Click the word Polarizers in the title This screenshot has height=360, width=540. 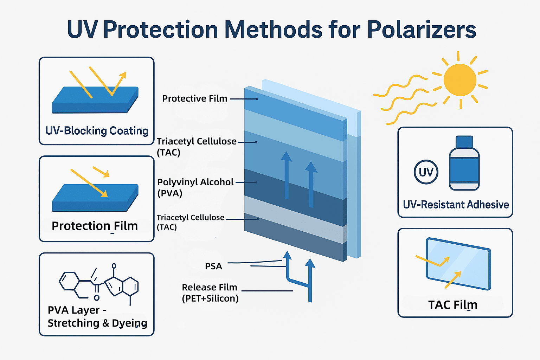tap(422, 30)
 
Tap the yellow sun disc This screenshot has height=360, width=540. tap(460, 80)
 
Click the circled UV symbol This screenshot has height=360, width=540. tap(426, 172)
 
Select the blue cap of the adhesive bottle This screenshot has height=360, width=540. tap(464, 142)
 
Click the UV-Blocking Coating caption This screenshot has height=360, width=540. tap(97, 131)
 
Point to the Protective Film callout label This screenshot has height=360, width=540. tap(195, 98)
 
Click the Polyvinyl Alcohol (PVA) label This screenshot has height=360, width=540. tap(195, 188)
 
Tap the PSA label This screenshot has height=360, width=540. tap(213, 266)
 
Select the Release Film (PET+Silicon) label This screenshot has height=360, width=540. tap(210, 293)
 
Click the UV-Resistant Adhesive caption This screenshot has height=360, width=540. tap(456, 205)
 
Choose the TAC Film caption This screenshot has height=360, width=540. tap(453, 305)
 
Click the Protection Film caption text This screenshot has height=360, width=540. tap(95, 226)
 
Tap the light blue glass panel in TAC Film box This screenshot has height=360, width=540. tap(458, 264)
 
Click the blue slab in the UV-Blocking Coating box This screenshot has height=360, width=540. tap(95, 100)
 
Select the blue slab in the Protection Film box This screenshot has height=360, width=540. tap(95, 198)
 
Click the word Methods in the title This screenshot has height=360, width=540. tap(273, 30)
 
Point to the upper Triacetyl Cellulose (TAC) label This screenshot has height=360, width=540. tap(197, 147)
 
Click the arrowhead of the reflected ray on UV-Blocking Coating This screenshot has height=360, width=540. tap(123, 75)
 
